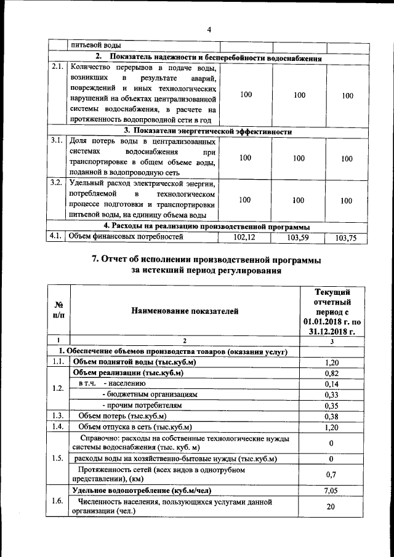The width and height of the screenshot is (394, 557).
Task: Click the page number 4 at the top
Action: click(x=209, y=30)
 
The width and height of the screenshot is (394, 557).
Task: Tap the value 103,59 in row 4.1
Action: click(x=299, y=236)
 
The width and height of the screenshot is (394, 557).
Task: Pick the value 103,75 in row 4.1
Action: click(x=346, y=238)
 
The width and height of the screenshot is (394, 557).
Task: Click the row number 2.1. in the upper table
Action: click(x=57, y=66)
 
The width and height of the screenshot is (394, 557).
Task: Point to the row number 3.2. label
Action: click(x=57, y=183)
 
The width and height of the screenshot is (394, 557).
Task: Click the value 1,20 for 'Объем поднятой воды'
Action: click(x=331, y=363)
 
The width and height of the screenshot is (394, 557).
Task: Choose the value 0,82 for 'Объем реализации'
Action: click(x=331, y=373)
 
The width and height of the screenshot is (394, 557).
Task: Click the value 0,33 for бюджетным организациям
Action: click(x=331, y=395)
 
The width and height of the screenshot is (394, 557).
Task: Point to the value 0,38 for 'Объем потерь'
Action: click(x=331, y=416)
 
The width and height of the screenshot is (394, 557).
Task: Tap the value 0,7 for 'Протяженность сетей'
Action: click(x=331, y=475)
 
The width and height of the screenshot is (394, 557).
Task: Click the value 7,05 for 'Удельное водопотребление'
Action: click(x=331, y=491)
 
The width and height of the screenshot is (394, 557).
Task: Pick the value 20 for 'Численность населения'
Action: click(x=331, y=507)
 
